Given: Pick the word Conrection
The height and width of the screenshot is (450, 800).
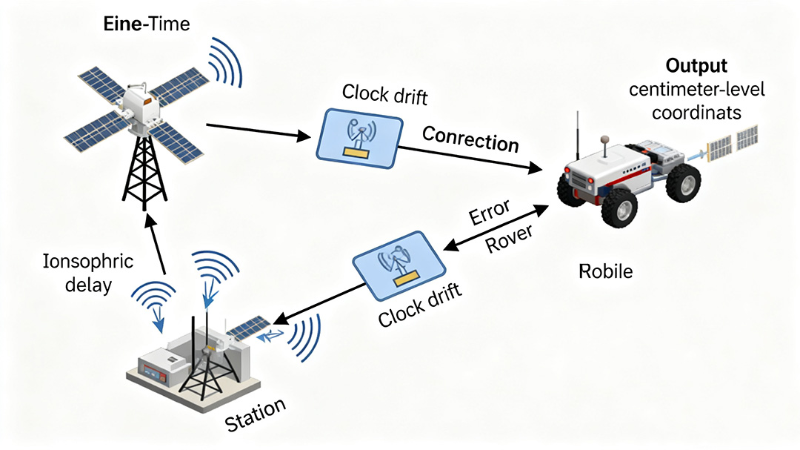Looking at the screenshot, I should (470, 137).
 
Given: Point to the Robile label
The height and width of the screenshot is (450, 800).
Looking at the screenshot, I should (605, 271).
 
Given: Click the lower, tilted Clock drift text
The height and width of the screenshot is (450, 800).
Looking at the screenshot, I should (420, 305).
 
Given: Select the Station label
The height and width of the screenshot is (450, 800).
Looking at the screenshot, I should (254, 416).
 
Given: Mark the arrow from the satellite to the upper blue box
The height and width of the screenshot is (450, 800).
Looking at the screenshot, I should (259, 130).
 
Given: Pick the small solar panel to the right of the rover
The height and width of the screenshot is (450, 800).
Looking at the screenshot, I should (733, 142).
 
